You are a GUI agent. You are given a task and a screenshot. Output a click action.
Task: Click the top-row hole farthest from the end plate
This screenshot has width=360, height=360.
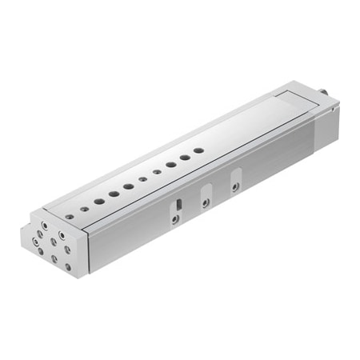pos(199,150)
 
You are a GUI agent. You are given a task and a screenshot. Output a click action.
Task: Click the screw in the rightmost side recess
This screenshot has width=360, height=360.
pos(234,186)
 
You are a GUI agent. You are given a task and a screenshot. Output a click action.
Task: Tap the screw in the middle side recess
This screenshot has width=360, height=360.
pos(206,202)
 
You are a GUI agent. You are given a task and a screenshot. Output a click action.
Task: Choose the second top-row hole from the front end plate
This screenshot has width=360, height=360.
pos(98,200)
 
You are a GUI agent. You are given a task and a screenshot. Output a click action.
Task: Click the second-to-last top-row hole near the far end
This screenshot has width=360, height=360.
pos(185,157)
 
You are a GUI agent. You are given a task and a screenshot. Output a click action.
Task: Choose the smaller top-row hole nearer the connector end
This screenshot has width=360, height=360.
pos(157,171)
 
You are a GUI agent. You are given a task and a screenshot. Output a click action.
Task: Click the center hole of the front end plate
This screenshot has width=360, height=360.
pos(54,243)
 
